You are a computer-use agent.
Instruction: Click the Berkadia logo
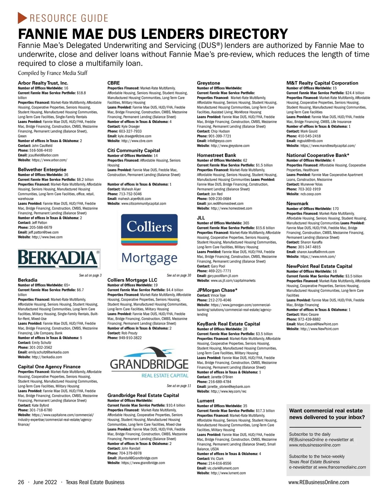pyautogui.click(x=59, y=258)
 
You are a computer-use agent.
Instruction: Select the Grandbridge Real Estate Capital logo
pyautogui.click(x=149, y=363)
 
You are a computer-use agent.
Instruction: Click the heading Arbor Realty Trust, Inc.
pyautogui.click(x=43, y=83)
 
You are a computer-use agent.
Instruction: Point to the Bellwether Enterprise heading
pyautogui.click(x=42, y=169)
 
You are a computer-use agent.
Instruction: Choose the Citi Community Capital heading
pyautogui.click(x=134, y=150)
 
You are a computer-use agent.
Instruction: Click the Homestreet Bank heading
pyautogui.click(x=216, y=155)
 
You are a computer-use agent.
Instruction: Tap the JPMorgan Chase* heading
pyautogui.click(x=217, y=290)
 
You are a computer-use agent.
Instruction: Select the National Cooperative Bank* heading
pyautogui.click(x=318, y=155)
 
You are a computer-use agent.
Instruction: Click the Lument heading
pyautogui.click(x=206, y=401)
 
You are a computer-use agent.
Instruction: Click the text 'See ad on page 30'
pyautogui.click(x=179, y=276)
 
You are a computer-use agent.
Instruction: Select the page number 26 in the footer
pyautogui.click(x=21, y=482)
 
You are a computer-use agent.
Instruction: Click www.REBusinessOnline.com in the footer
pyautogui.click(x=318, y=482)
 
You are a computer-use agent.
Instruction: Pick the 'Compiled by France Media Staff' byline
pyautogui.click(x=53, y=73)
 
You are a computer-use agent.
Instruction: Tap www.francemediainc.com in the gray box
pyautogui.click(x=342, y=467)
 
